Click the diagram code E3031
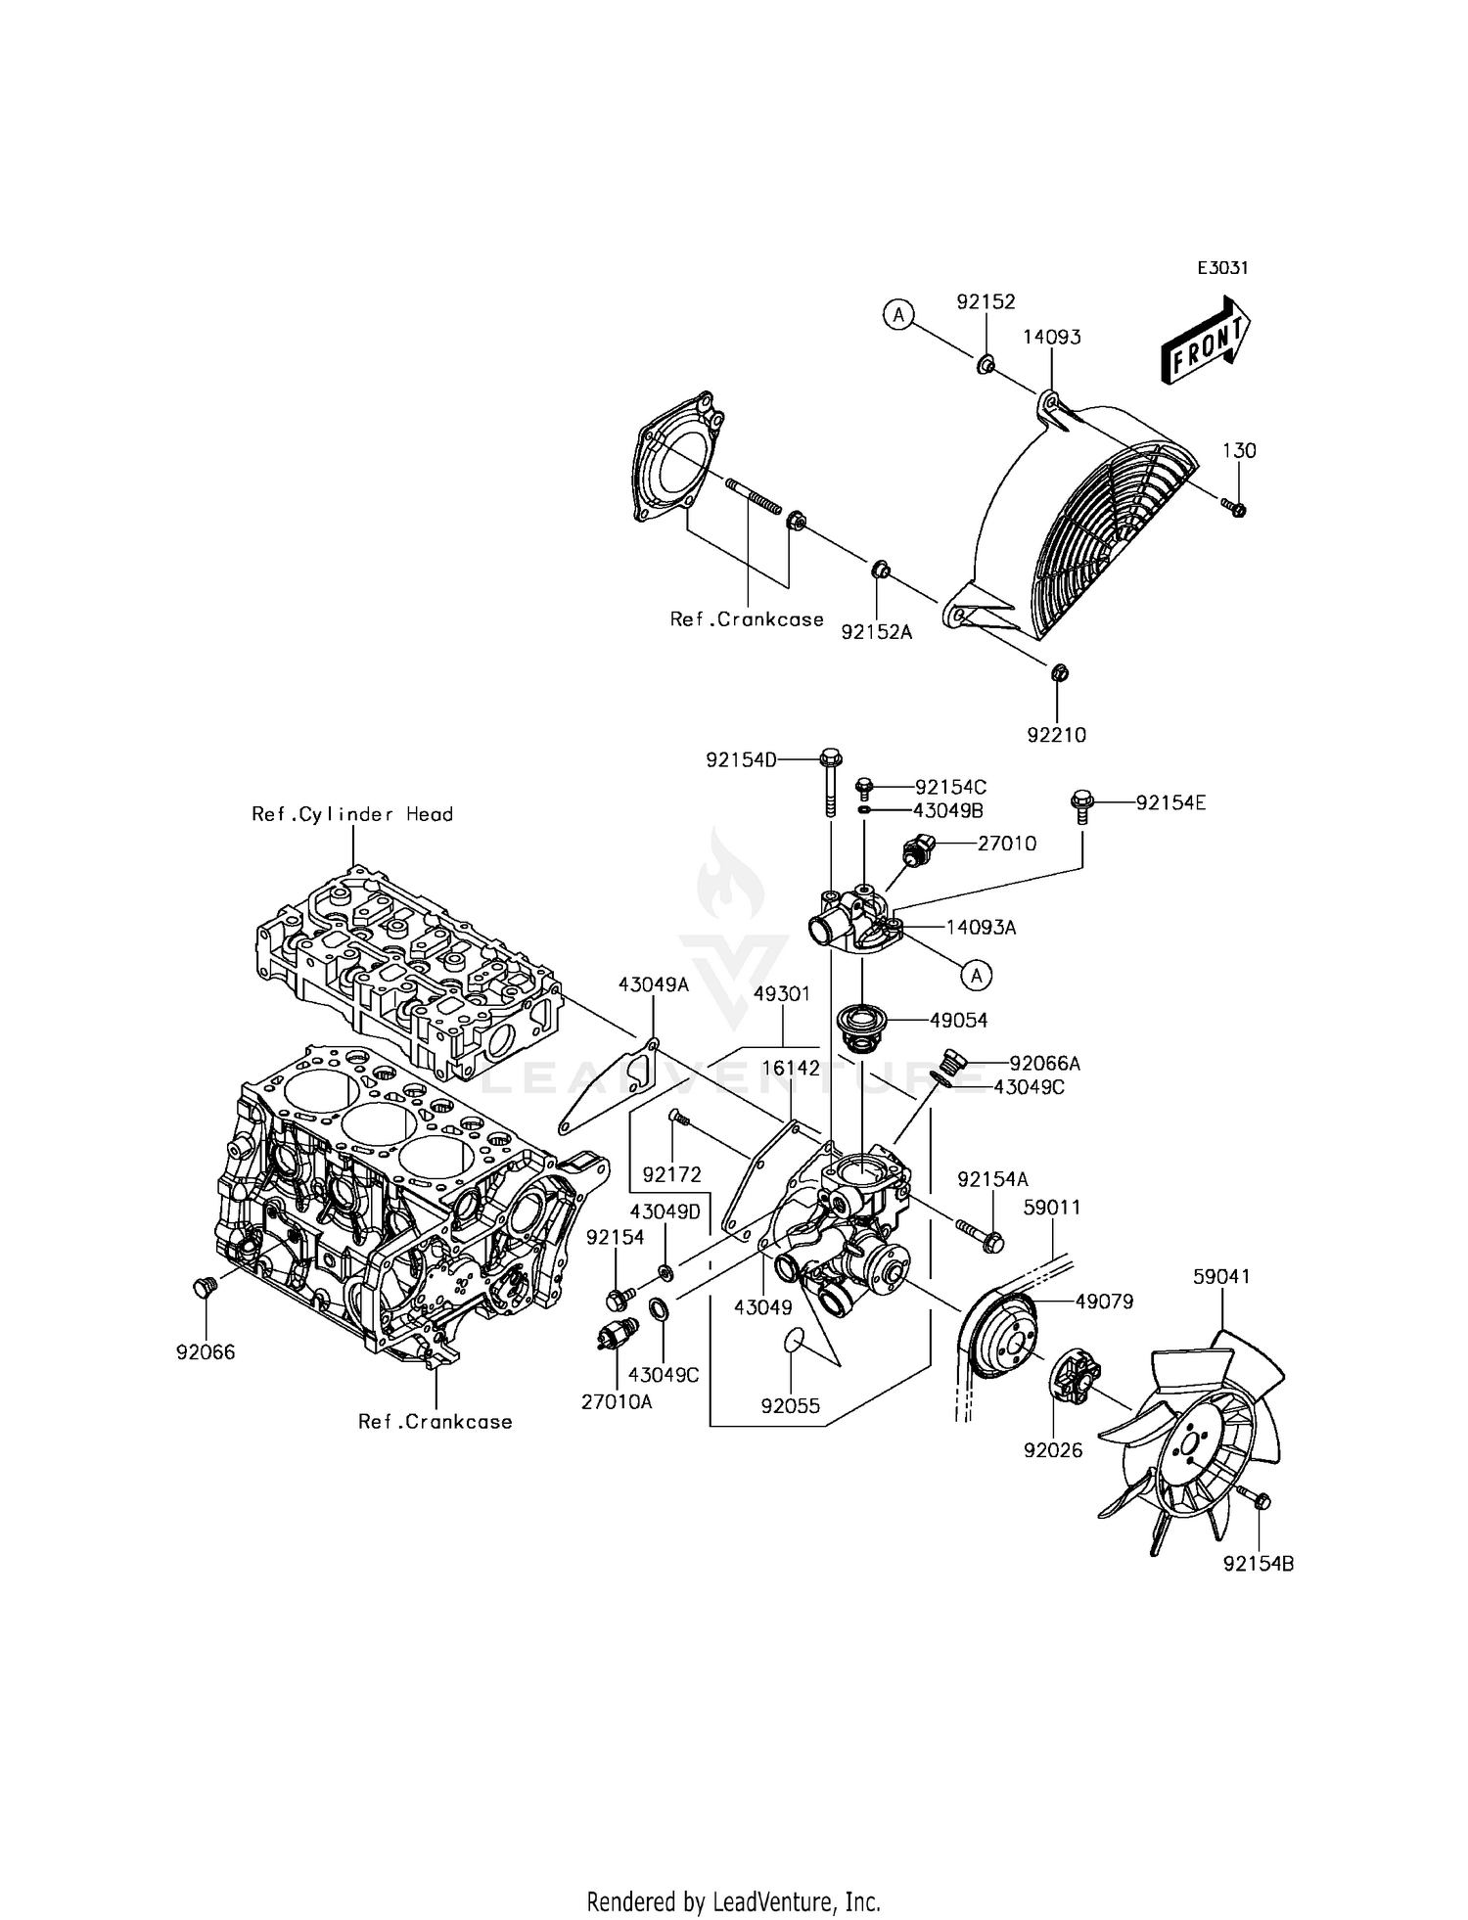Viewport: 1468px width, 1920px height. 1222,268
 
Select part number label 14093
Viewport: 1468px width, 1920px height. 1052,337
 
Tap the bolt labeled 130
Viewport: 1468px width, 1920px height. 1235,507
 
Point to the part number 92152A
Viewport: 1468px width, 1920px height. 876,632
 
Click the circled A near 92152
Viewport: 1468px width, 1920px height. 897,314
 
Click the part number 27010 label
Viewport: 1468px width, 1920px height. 1006,843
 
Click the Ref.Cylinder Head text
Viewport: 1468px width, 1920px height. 352,814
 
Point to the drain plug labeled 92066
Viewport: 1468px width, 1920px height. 204,1287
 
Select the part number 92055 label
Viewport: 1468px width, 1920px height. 791,1407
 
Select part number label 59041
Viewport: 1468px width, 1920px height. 1221,1276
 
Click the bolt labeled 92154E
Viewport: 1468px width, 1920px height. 1081,803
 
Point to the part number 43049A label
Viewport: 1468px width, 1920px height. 653,984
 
